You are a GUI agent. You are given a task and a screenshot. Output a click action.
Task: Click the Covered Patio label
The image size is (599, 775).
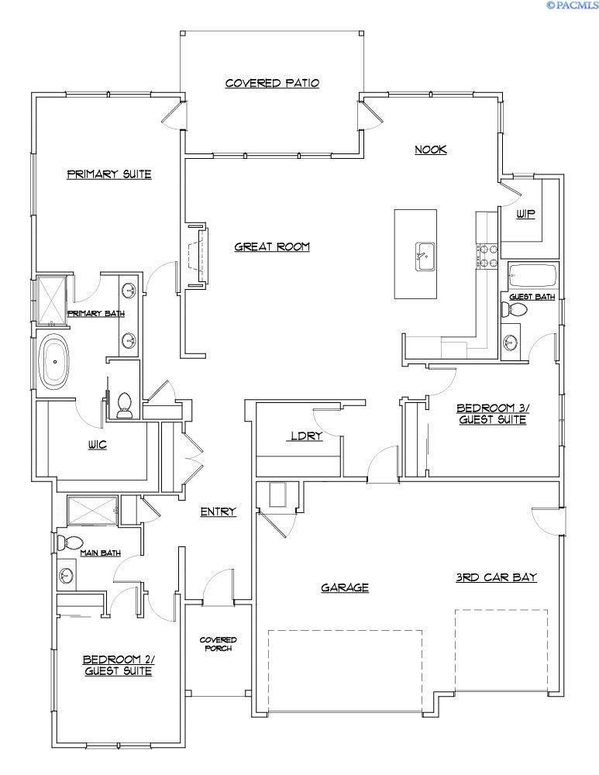click(x=272, y=83)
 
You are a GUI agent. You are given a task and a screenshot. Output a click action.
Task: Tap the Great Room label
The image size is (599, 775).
click(x=272, y=246)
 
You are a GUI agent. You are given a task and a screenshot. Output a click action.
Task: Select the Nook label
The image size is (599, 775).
click(x=431, y=150)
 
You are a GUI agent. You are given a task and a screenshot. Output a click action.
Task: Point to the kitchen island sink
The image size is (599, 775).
click(x=425, y=257)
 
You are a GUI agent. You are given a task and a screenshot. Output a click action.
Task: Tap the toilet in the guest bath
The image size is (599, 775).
click(x=514, y=310)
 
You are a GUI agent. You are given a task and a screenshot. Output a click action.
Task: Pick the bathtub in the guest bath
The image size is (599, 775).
click(x=532, y=275)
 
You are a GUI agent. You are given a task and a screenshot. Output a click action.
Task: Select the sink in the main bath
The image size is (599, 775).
click(x=66, y=575)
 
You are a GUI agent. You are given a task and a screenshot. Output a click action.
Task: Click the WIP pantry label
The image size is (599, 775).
click(x=525, y=215)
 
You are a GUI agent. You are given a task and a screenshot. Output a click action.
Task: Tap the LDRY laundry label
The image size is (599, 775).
click(x=306, y=436)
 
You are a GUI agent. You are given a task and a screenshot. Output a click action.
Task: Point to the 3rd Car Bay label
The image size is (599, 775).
click(x=496, y=577)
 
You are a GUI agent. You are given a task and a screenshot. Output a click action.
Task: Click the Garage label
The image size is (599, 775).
click(x=345, y=587)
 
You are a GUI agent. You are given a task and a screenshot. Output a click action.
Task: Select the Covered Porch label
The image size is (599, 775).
click(x=218, y=643)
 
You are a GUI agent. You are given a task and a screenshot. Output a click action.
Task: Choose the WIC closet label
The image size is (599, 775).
click(x=98, y=445)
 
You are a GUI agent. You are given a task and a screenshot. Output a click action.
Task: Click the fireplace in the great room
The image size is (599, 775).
click(x=197, y=257)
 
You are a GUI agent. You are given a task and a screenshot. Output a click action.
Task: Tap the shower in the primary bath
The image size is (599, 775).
click(x=52, y=300)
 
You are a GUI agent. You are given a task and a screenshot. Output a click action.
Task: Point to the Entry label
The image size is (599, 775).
click(x=218, y=511)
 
